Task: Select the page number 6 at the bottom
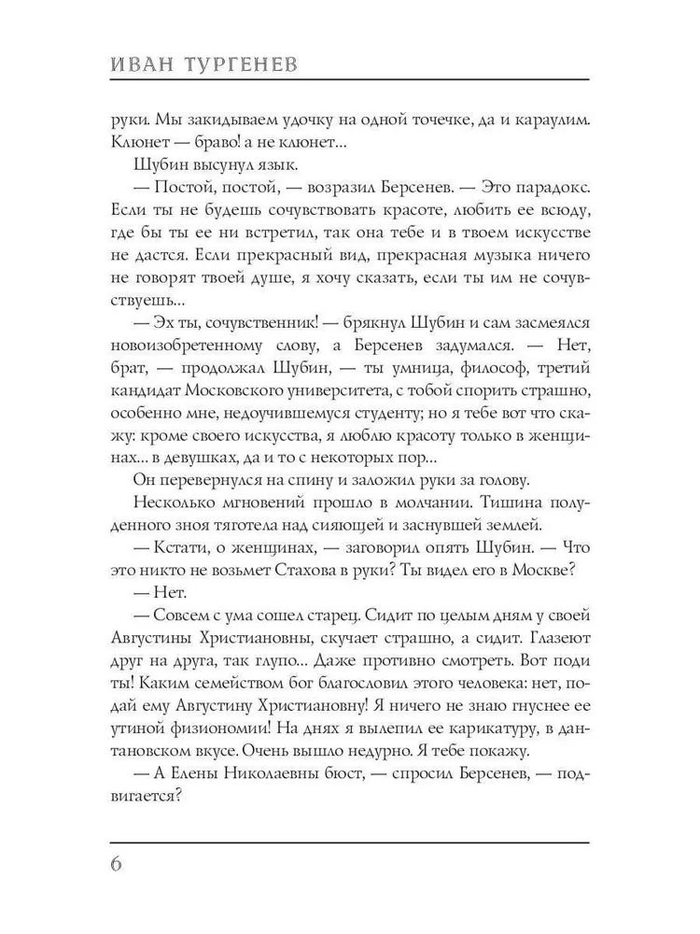pyautogui.click(x=117, y=861)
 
